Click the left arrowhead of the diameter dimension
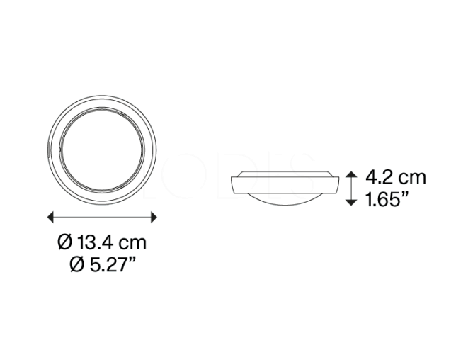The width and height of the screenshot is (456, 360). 50,217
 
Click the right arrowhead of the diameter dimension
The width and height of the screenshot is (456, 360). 154,217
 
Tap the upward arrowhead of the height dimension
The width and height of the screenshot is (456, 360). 352,174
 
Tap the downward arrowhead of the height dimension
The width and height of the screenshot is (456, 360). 352,203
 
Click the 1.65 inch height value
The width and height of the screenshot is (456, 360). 381,200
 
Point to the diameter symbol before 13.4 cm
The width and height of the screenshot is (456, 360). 64,242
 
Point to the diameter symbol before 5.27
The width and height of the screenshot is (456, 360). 76,265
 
